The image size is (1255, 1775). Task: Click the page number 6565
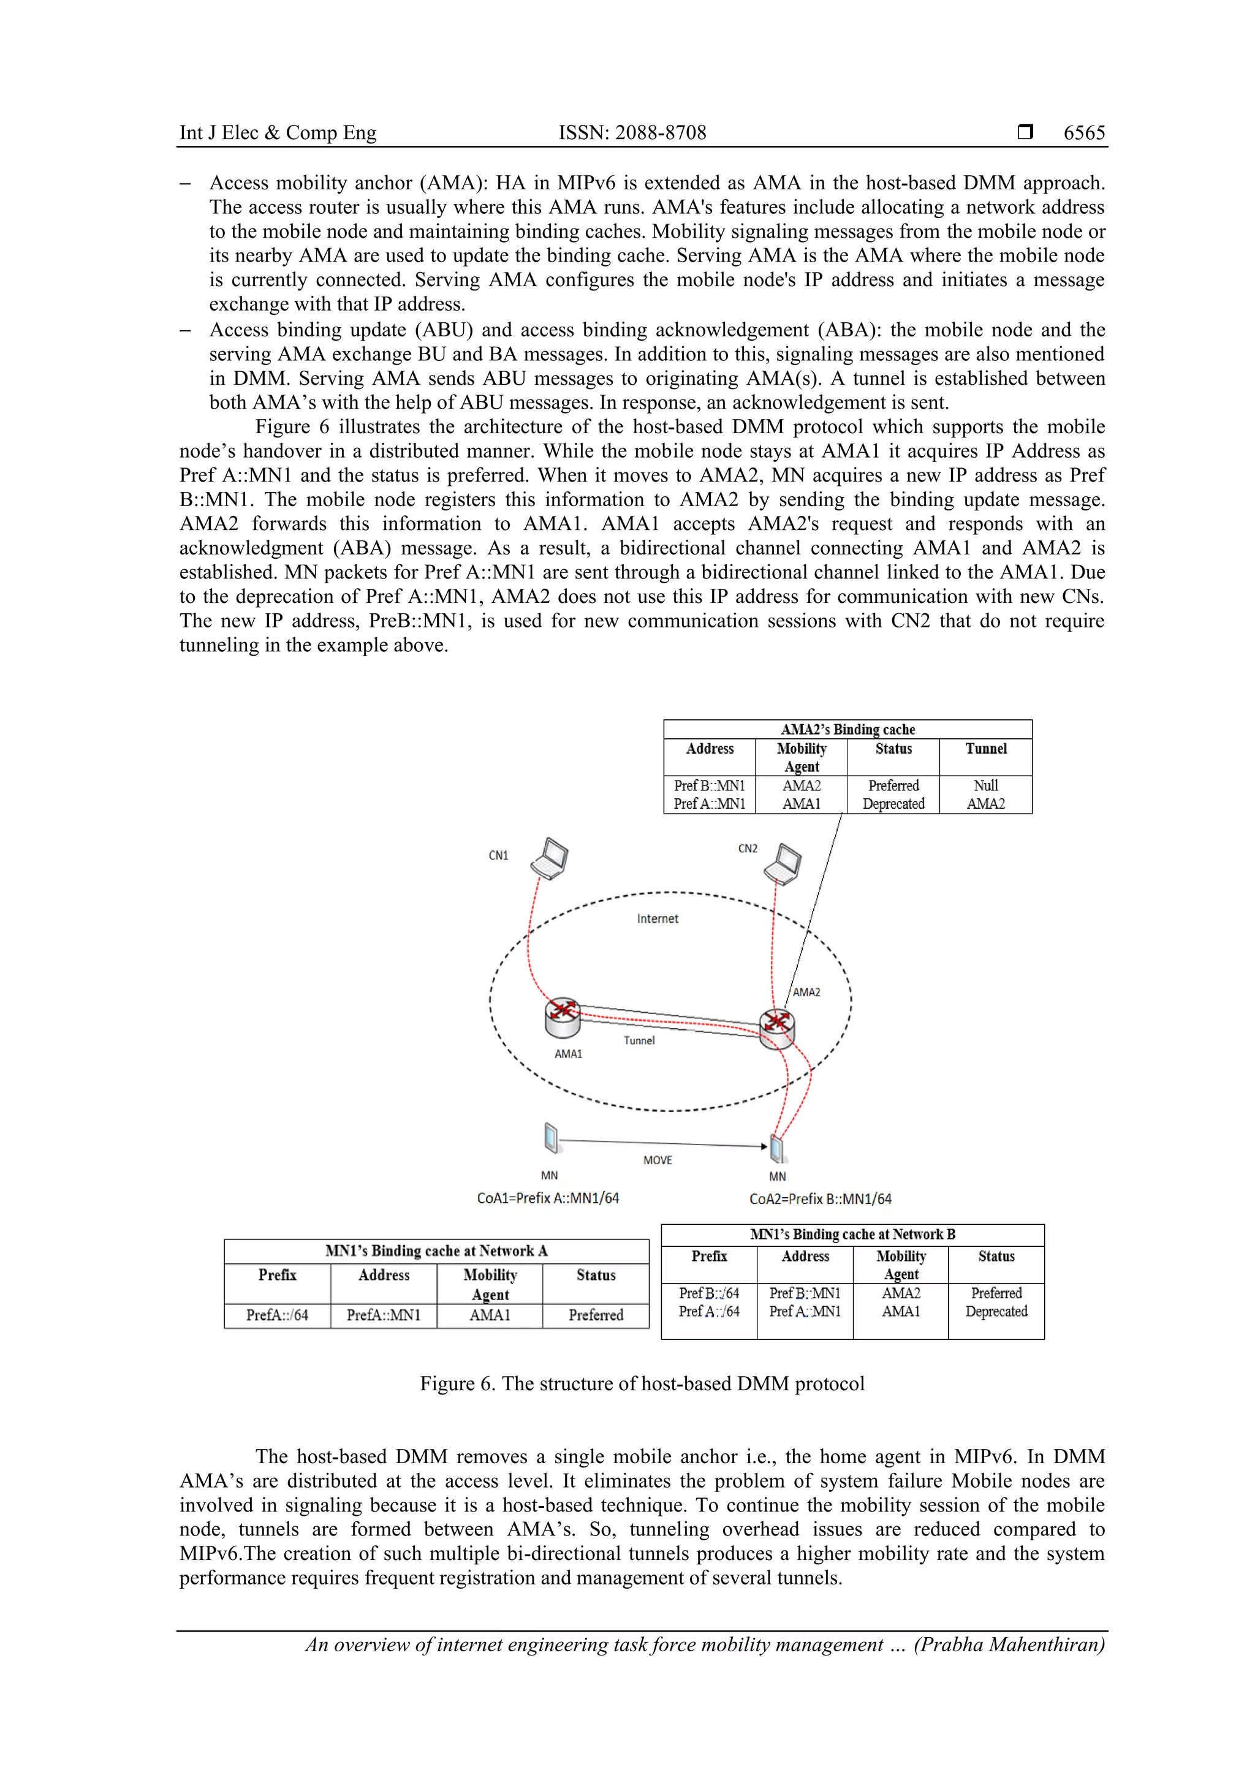(1083, 133)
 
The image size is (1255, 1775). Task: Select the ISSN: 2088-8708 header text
(632, 133)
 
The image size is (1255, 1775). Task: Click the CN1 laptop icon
(550, 859)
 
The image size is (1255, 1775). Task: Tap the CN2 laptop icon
(783, 865)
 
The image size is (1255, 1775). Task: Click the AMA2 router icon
(776, 1028)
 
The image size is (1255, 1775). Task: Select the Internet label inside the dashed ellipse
(658, 918)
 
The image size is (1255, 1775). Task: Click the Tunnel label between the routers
(639, 1040)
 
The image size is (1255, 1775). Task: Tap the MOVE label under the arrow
(658, 1160)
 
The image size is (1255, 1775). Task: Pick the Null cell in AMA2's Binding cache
(985, 785)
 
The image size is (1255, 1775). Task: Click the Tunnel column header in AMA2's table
(985, 748)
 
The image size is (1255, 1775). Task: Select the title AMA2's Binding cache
(847, 729)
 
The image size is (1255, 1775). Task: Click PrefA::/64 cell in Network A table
(277, 1315)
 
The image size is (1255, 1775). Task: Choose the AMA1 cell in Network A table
(490, 1315)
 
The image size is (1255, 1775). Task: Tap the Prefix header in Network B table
(709, 1256)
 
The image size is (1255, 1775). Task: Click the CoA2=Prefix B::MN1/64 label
(820, 1199)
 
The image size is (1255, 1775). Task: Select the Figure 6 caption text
(642, 1384)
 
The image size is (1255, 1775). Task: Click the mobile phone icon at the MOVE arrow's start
(550, 1138)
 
